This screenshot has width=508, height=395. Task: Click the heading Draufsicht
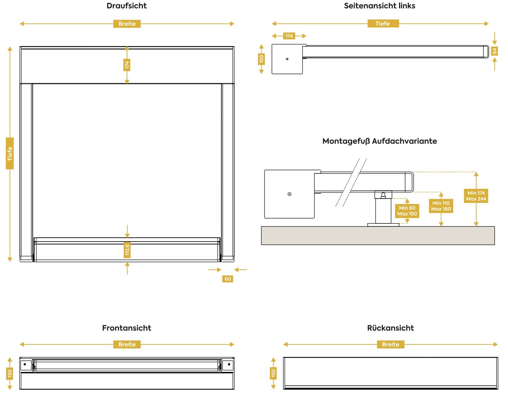[x=127, y=6]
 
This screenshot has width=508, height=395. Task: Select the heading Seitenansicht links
[x=380, y=6]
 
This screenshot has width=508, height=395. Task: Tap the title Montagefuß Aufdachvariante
[x=380, y=141]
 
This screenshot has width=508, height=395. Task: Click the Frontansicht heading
[x=127, y=328]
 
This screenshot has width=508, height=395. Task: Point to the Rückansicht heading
[x=390, y=328]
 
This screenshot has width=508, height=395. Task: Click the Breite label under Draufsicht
[x=127, y=24]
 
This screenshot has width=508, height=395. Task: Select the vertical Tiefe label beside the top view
[x=10, y=153]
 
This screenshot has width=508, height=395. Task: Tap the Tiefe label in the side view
[x=382, y=24]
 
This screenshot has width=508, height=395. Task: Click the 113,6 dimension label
[x=127, y=249]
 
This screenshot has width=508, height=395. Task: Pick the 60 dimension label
[x=228, y=279]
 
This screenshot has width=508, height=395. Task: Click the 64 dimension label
[x=495, y=51]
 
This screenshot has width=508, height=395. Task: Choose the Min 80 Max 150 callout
[x=407, y=211]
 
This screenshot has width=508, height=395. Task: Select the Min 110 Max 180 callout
[x=441, y=206]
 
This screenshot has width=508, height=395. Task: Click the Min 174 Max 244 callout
[x=476, y=196]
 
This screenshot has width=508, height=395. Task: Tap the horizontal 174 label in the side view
[x=289, y=36]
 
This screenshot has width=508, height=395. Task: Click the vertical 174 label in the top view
[x=127, y=65]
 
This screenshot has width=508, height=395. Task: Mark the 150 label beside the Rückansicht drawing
[x=273, y=373]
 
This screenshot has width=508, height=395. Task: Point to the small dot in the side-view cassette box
[x=287, y=59]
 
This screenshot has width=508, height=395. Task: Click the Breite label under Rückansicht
[x=390, y=344]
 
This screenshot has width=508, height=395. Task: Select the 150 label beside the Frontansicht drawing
[x=10, y=373]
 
